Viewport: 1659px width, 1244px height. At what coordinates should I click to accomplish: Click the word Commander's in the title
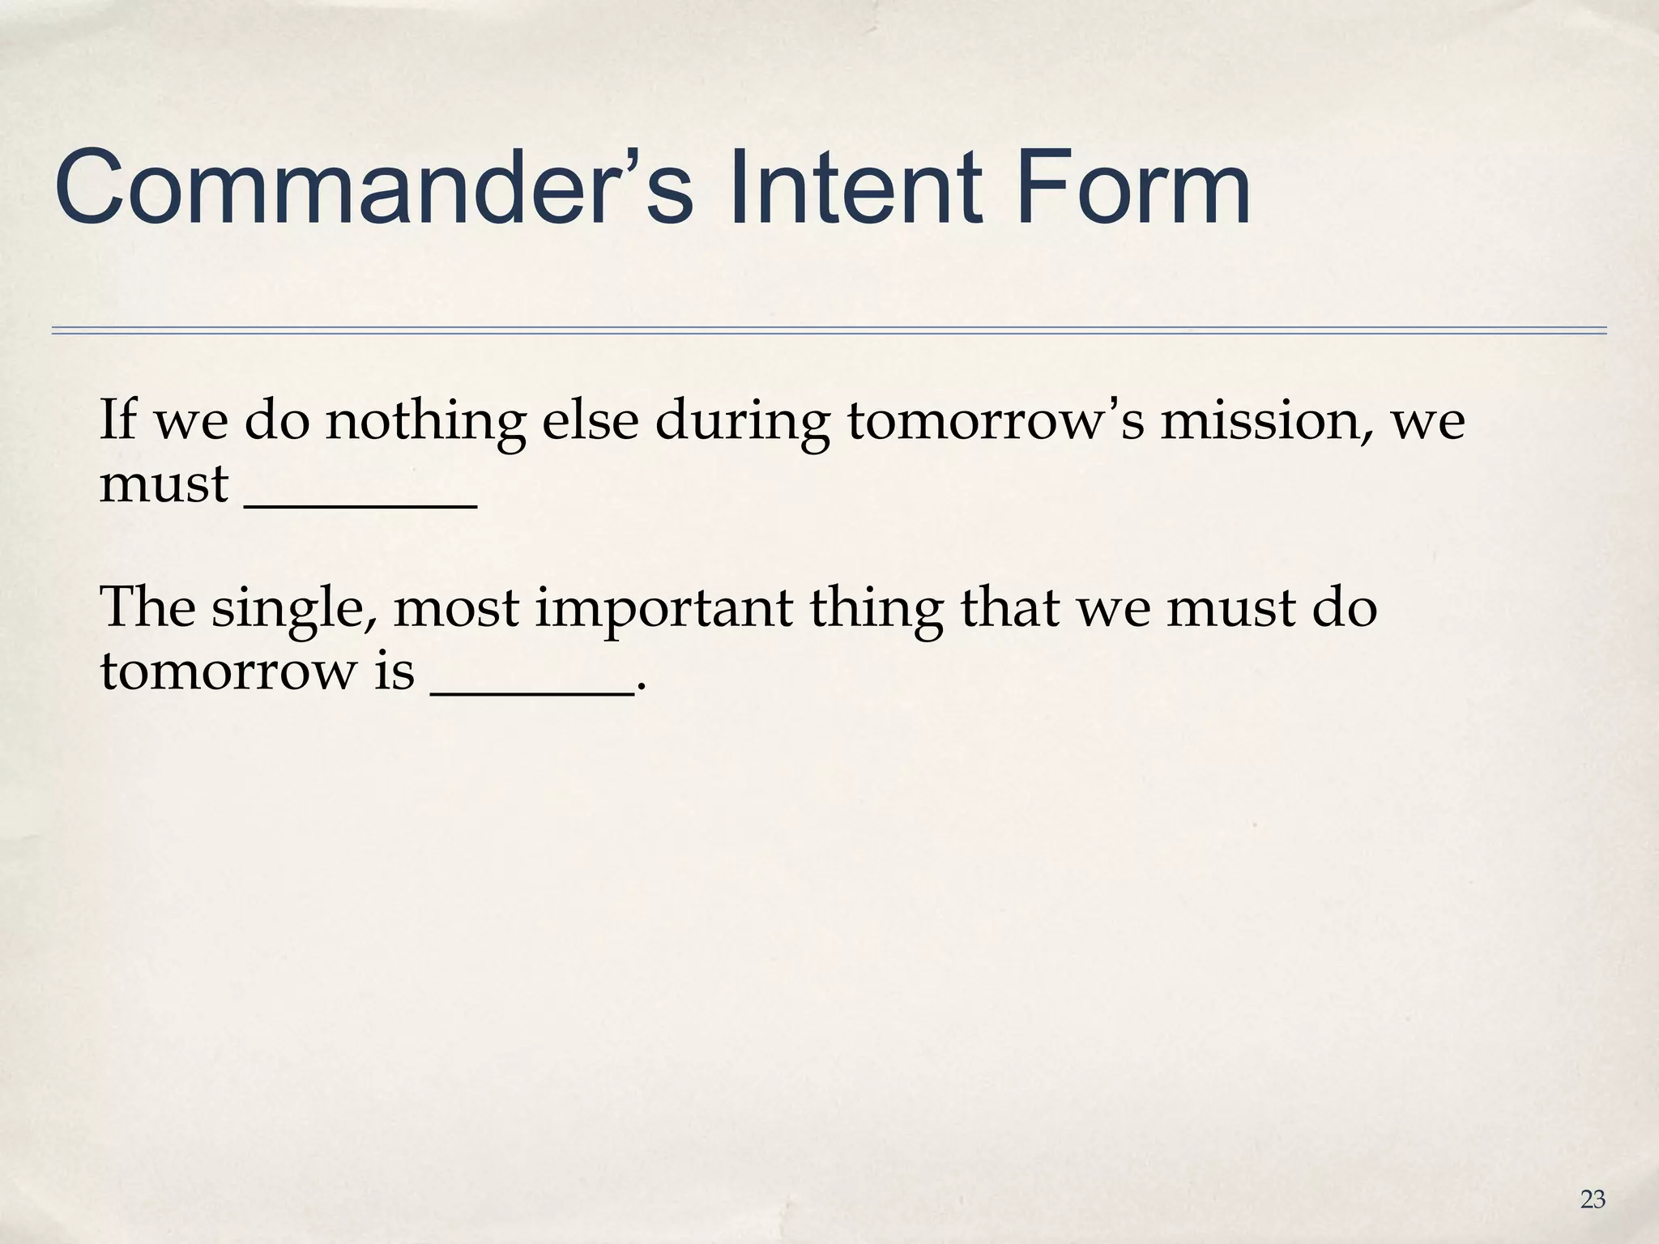pyautogui.click(x=373, y=188)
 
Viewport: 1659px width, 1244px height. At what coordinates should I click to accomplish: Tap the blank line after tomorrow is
pyautogui.click(x=531, y=688)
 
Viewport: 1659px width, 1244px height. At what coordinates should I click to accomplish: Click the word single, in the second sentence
pyautogui.click(x=296, y=609)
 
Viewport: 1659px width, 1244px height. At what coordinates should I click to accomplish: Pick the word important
pyautogui.click(x=664, y=609)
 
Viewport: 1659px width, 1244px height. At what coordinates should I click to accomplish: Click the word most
pyautogui.click(x=456, y=609)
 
